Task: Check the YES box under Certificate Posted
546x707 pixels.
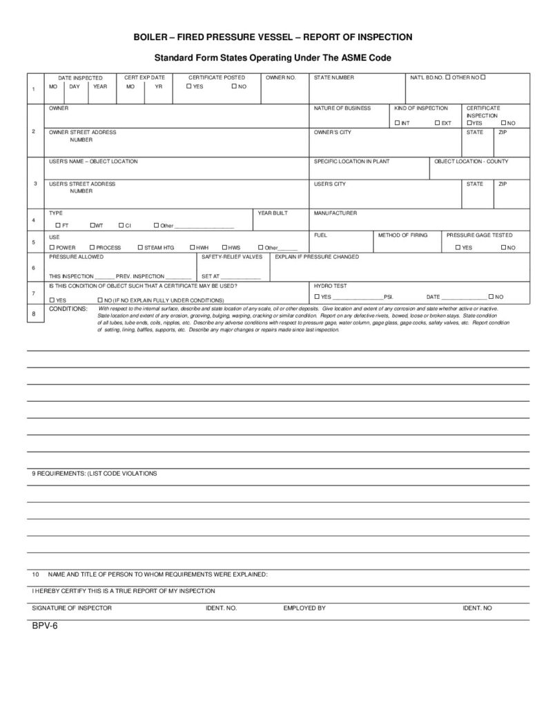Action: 188,87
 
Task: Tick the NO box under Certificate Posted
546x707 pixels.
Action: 234,87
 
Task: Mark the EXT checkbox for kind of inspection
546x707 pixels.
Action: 438,123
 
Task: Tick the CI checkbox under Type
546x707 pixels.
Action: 120,226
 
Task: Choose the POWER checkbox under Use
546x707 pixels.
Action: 52,247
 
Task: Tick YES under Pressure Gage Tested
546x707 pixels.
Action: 457,247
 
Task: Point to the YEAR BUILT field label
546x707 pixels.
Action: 273,213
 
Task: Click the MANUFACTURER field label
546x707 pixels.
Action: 335,213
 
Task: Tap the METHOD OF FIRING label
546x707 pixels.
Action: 402,235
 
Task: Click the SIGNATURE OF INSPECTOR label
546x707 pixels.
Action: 72,608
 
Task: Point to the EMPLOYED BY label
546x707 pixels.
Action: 304,608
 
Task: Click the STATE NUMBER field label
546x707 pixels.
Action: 334,77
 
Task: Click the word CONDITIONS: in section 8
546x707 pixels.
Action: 68,308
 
